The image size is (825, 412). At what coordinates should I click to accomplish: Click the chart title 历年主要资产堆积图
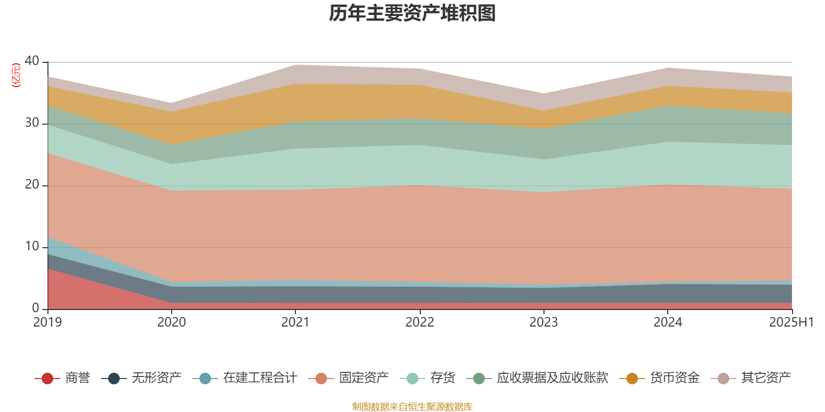click(x=412, y=13)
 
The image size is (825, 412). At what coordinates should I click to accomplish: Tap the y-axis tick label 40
click(x=31, y=61)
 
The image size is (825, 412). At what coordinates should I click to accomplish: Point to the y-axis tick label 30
click(x=31, y=123)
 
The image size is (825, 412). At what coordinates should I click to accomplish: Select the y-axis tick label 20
click(x=31, y=185)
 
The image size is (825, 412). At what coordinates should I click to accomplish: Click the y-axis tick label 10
click(x=31, y=247)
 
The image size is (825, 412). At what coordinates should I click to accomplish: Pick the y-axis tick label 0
click(x=35, y=308)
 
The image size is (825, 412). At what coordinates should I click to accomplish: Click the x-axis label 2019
click(x=47, y=322)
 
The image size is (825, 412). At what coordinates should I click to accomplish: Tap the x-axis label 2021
click(x=295, y=322)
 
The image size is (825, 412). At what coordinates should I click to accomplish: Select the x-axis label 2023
click(x=543, y=322)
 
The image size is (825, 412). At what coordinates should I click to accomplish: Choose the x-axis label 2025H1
click(x=791, y=322)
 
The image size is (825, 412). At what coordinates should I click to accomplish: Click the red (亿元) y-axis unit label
click(x=16, y=75)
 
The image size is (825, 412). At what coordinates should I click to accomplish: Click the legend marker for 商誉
click(x=47, y=379)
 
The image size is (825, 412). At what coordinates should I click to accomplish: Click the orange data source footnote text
click(x=412, y=407)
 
